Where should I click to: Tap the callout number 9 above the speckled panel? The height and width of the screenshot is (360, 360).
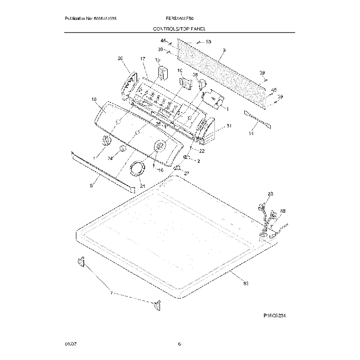click(x=224, y=51)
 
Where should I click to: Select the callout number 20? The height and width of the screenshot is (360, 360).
click(x=120, y=58)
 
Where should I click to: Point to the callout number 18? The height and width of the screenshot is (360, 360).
click(x=94, y=99)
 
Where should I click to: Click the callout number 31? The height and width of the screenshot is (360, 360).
click(x=228, y=126)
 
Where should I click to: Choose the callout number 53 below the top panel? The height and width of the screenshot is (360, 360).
click(x=246, y=284)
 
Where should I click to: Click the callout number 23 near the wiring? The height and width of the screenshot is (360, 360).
click(x=270, y=194)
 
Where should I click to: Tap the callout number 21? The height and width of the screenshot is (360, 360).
click(x=142, y=186)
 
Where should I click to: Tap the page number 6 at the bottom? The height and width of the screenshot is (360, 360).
click(x=179, y=344)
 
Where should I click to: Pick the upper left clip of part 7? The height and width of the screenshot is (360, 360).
click(x=80, y=261)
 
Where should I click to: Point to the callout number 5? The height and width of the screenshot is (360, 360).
click(x=91, y=186)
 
